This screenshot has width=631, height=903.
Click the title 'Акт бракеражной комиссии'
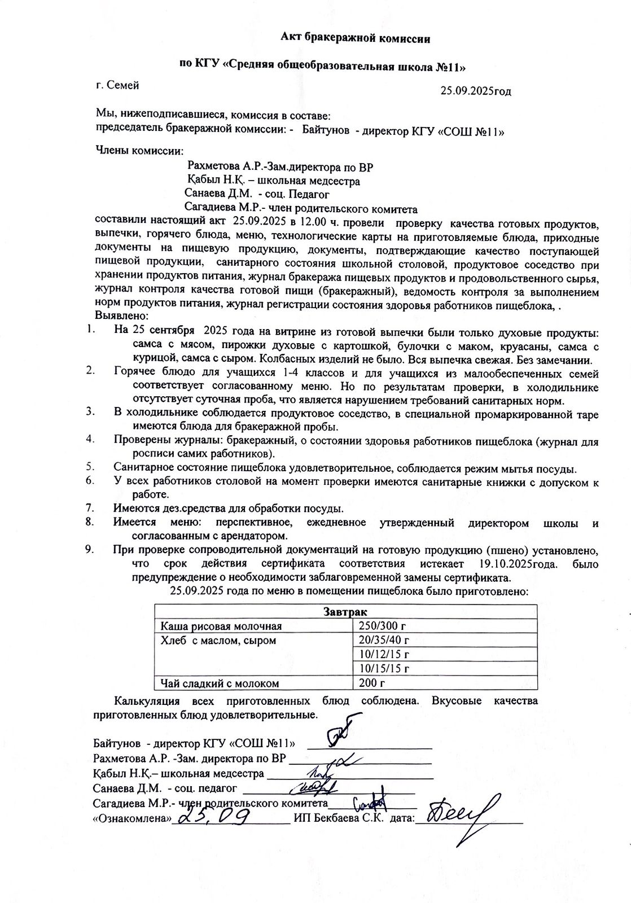tap(356, 38)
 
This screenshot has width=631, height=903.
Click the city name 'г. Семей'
tap(117, 85)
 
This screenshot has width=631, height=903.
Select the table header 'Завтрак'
tap(345, 612)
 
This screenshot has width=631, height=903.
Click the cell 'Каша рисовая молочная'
tap(221, 626)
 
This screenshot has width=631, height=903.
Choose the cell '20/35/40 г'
tap(384, 640)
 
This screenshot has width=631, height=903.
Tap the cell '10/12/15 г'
tap(384, 654)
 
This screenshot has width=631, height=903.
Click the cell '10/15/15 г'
tap(384, 669)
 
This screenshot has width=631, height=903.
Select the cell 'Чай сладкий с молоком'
tap(220, 683)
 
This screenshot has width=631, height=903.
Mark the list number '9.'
tap(90, 549)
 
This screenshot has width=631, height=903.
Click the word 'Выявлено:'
tap(122, 315)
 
